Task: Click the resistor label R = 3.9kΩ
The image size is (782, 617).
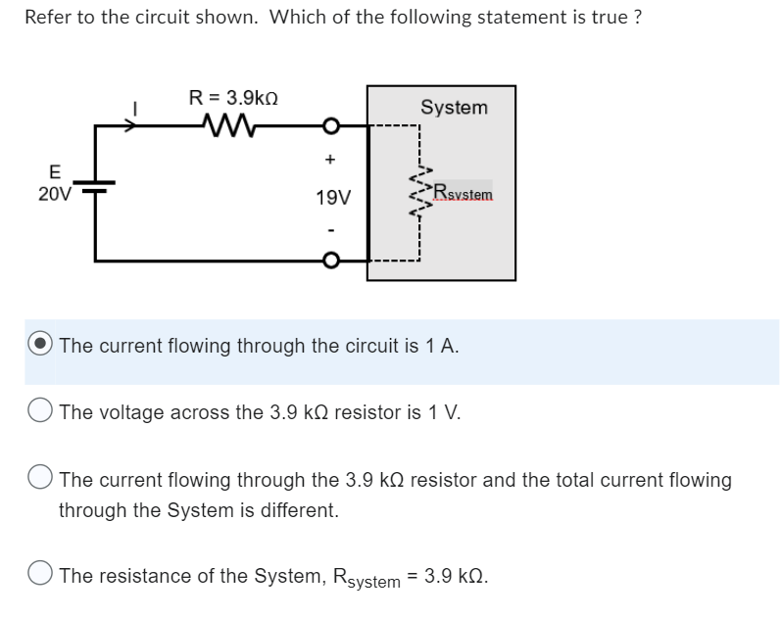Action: pyautogui.click(x=238, y=98)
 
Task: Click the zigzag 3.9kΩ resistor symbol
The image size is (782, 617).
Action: pyautogui.click(x=232, y=124)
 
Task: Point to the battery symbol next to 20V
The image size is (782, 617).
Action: pyautogui.click(x=96, y=184)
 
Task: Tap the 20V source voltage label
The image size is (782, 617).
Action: pyautogui.click(x=55, y=194)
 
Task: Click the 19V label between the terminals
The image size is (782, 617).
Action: pyautogui.click(x=333, y=198)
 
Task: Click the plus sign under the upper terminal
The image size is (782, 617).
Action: pyautogui.click(x=331, y=158)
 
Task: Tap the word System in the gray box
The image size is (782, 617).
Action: pyautogui.click(x=454, y=108)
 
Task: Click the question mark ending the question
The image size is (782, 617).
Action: pyautogui.click(x=638, y=18)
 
